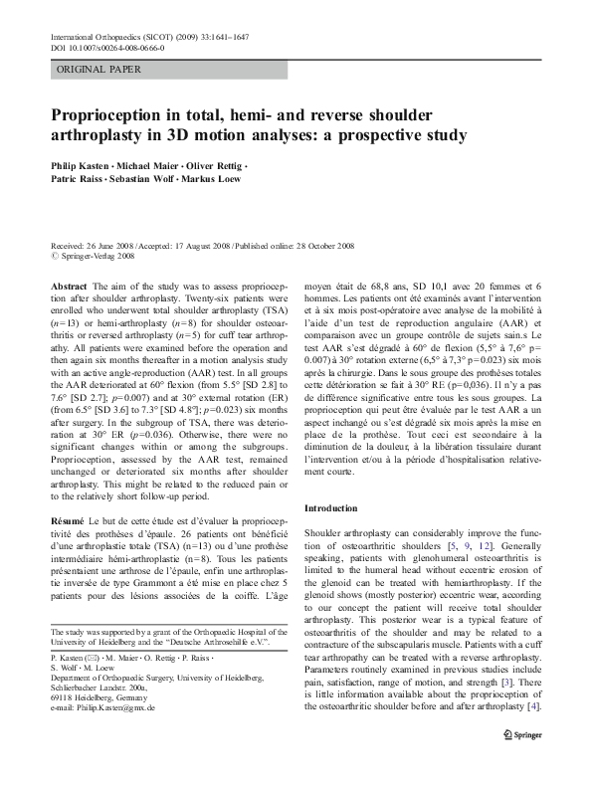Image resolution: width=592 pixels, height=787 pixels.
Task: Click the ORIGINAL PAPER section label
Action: pyautogui.click(x=99, y=70)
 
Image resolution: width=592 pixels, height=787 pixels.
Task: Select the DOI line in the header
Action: pyautogui.click(x=107, y=47)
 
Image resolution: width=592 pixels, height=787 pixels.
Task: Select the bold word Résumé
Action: pyautogui.click(x=69, y=521)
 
